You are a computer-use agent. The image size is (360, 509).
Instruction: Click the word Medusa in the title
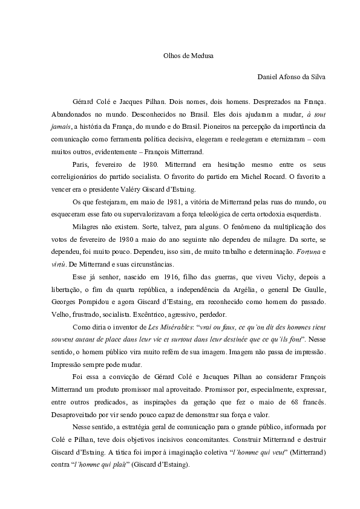click(x=196, y=55)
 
